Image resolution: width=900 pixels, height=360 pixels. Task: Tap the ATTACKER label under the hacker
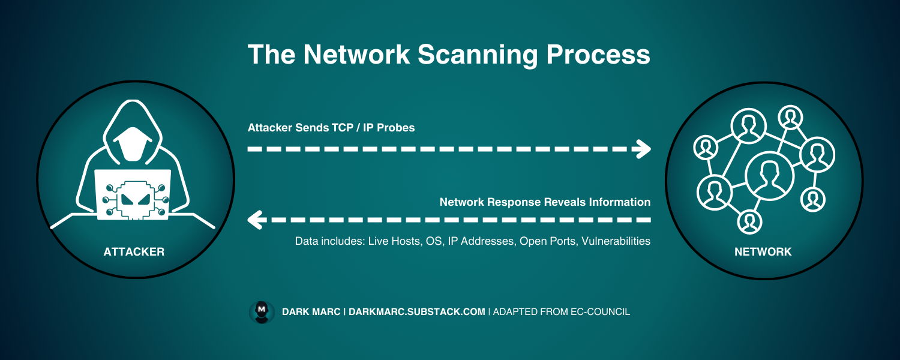pos(134,252)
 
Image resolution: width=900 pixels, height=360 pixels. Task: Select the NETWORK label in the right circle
pos(763,252)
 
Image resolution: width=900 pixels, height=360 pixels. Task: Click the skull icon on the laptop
pos(134,200)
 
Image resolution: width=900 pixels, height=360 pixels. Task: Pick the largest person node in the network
pos(769,175)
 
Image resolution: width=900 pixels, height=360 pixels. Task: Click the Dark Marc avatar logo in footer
pos(262,312)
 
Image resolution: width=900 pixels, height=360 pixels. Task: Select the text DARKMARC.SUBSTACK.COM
pos(416,312)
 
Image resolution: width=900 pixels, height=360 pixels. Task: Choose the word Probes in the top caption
pos(396,128)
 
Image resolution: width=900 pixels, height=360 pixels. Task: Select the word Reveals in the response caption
pos(562,202)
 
